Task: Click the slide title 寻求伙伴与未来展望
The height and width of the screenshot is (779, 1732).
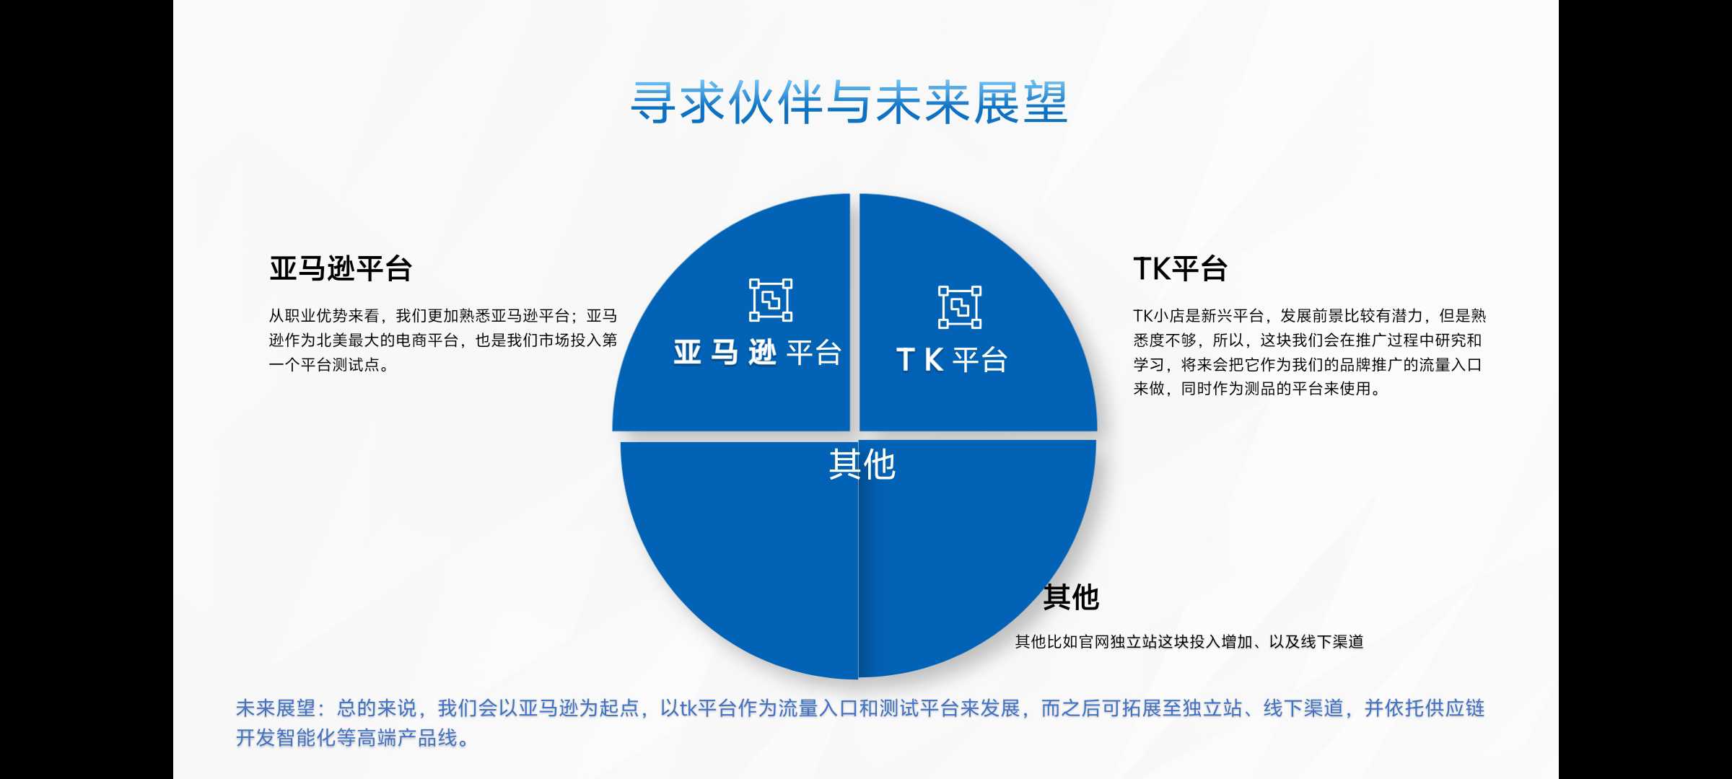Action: click(849, 102)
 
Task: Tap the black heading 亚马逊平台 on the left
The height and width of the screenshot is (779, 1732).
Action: click(341, 268)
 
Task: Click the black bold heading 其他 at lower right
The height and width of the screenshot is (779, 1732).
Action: click(1071, 597)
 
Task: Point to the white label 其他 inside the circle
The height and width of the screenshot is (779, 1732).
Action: click(862, 465)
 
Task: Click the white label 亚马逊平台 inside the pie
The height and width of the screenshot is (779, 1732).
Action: click(758, 353)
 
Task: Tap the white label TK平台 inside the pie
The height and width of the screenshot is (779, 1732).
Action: click(952, 359)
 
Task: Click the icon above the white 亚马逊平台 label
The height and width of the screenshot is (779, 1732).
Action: click(771, 300)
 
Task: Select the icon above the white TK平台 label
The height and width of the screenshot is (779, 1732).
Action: click(960, 307)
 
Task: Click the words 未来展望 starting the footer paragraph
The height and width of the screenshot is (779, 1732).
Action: click(276, 708)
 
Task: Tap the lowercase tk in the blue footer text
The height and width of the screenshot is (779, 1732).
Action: click(688, 708)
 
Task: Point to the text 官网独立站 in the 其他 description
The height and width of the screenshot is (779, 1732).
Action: click(1118, 642)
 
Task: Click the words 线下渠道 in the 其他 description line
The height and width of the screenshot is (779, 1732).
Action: click(1332, 642)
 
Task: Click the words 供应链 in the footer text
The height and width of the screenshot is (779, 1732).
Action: click(1455, 708)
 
